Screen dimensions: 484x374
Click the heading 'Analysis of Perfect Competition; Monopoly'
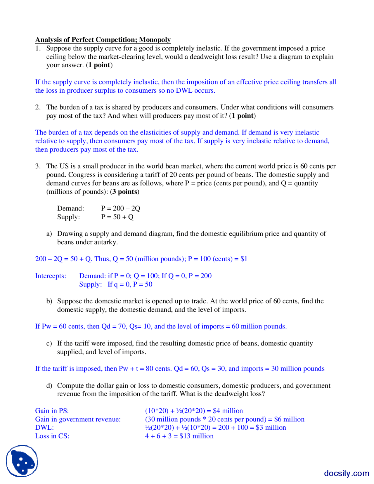[103, 40]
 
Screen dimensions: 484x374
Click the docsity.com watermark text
[346, 473]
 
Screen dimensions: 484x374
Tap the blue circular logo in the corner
[22, 461]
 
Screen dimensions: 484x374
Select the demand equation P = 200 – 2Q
[121, 208]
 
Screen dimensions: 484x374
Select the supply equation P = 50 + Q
[117, 217]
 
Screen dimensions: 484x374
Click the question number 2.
[38, 107]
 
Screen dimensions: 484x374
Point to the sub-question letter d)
[49, 386]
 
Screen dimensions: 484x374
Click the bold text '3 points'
[125, 192]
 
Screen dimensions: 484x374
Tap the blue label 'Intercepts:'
[51, 276]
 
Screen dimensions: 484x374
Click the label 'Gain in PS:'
[52, 411]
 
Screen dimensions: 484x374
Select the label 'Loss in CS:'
[52, 436]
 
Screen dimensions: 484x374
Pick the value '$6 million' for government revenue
[289, 419]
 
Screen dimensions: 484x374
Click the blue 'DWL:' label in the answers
[44, 428]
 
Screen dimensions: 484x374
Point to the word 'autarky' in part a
[107, 242]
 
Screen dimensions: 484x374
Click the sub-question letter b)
[49, 301]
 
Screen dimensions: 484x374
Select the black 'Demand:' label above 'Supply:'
[70, 208]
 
